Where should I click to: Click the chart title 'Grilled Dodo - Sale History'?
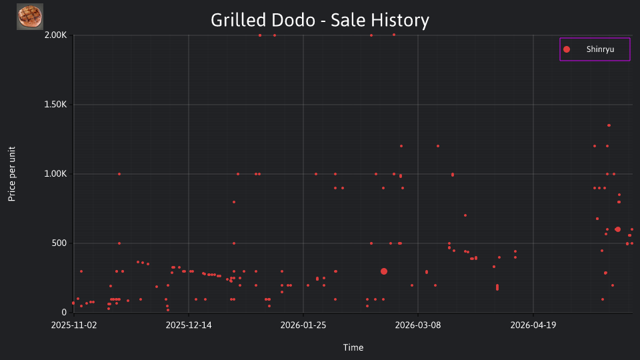320,20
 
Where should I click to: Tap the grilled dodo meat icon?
30,17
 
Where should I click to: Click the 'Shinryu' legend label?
600,49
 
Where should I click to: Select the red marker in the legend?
567,49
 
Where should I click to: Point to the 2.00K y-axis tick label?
55,35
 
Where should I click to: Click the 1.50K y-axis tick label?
55,105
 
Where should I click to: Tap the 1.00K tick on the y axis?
55,174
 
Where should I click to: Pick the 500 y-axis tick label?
59,243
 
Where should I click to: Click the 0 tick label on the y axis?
64,313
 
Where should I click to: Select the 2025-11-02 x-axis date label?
74,325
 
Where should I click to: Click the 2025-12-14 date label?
189,325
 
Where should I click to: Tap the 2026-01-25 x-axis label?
303,325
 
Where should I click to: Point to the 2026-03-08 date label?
418,325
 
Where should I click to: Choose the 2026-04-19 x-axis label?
533,325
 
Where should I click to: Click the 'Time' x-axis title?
353,347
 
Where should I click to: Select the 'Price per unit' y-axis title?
12,174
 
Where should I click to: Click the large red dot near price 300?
384,271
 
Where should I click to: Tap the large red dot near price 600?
617,229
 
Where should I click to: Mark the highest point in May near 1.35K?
609,125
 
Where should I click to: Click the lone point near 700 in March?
465,215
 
